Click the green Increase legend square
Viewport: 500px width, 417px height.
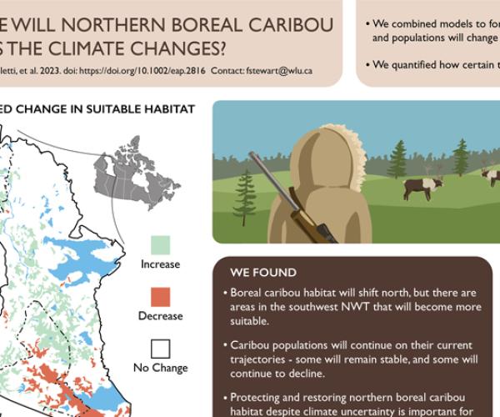tap(160, 244)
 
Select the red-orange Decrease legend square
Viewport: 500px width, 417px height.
tap(160, 297)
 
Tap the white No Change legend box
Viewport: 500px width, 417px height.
tap(160, 348)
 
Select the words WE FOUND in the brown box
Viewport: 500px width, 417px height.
tap(263, 273)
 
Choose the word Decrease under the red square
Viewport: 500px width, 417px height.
tap(160, 316)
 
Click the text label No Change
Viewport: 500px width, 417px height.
tap(160, 368)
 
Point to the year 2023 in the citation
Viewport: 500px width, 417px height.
tap(47, 71)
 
